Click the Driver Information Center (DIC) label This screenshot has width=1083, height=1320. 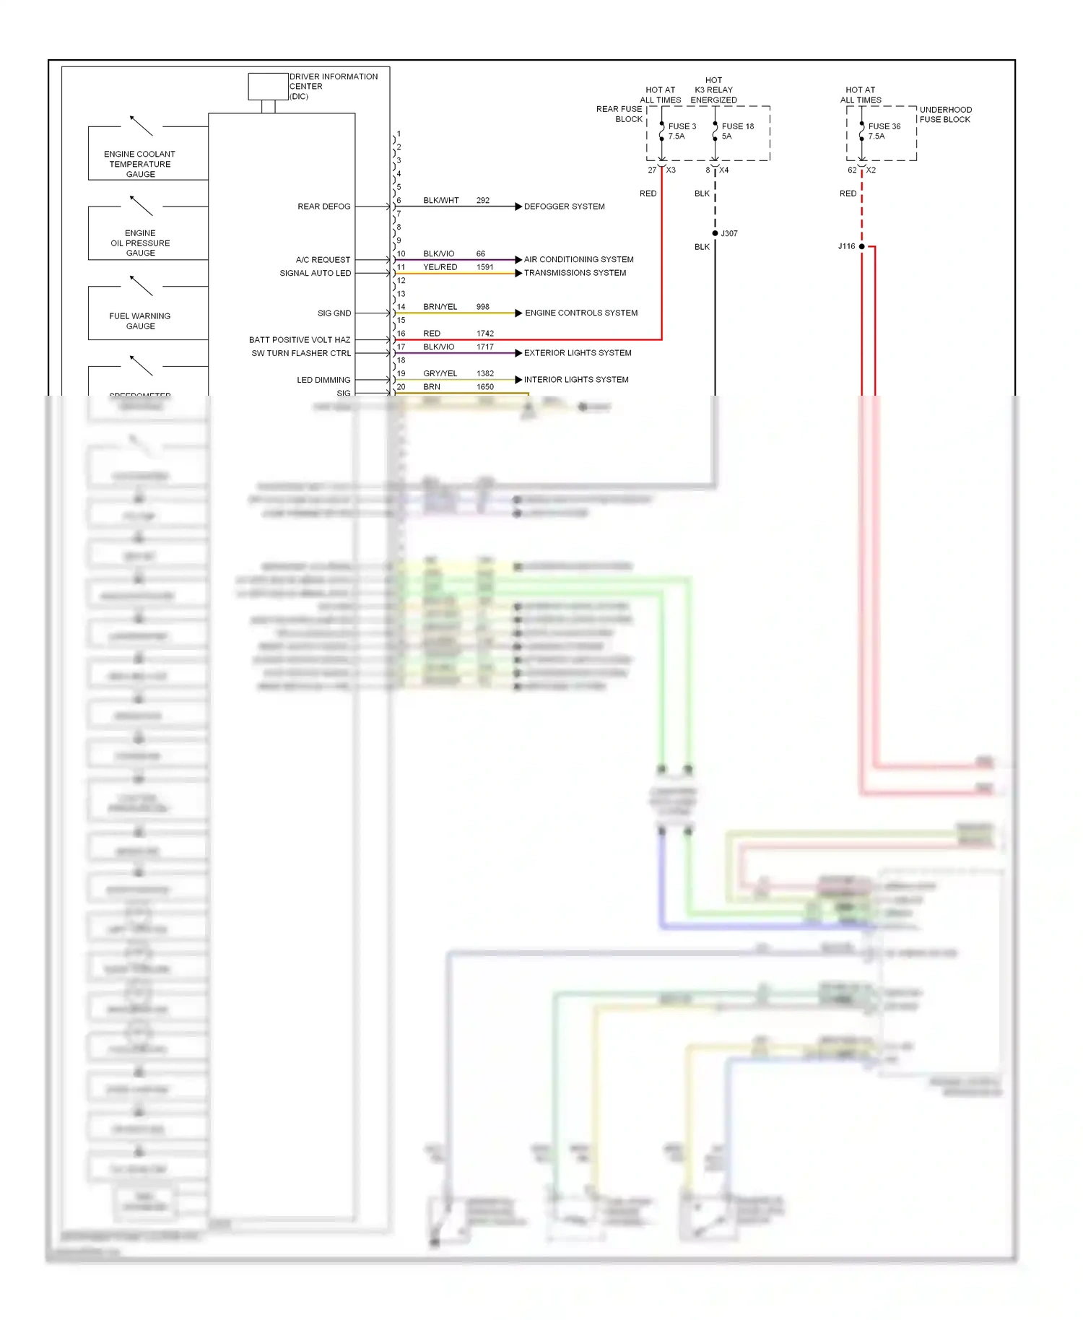coord(333,86)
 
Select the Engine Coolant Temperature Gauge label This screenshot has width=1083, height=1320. coord(140,164)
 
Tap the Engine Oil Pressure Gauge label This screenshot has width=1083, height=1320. coord(140,243)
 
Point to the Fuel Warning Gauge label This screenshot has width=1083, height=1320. coord(140,321)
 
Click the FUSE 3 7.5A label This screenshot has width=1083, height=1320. coord(682,131)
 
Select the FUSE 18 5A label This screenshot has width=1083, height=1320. coord(737,131)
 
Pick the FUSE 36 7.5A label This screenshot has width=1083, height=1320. coord(884,131)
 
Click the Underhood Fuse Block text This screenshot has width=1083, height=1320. coord(945,114)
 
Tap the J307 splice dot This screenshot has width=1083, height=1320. coord(715,233)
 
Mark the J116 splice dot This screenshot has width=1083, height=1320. coord(861,246)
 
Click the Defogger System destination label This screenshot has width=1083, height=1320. coord(564,207)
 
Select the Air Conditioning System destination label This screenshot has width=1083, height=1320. coord(578,259)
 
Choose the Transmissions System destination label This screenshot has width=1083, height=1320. coord(575,273)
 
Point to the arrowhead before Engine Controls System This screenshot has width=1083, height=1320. coord(518,313)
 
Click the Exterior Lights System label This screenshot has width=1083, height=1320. coord(578,353)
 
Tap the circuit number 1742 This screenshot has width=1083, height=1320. coord(485,334)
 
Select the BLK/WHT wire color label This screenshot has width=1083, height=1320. coord(440,200)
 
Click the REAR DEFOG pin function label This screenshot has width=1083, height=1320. coord(323,207)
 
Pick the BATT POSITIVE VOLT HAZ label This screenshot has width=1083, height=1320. coord(300,339)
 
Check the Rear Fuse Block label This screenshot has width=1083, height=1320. coord(619,114)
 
